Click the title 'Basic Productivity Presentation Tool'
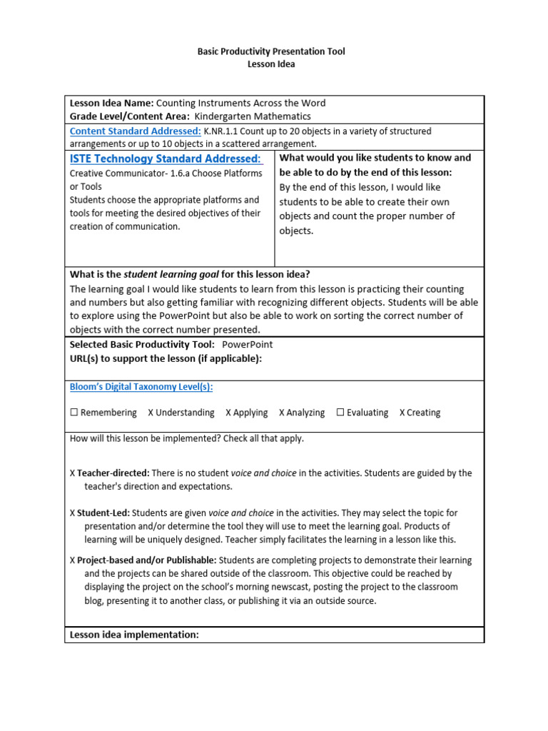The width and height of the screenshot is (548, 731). (x=271, y=52)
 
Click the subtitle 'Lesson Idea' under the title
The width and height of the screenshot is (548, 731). (x=271, y=64)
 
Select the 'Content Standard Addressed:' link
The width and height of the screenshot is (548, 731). (x=135, y=131)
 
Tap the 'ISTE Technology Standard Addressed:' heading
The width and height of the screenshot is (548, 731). (x=166, y=158)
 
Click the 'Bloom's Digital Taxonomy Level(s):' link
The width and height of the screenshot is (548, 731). (x=141, y=387)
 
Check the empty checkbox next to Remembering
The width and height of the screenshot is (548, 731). (x=74, y=413)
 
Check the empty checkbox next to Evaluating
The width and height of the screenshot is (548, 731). (x=340, y=413)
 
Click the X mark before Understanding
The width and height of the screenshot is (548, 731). (x=151, y=413)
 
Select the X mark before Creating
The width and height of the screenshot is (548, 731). (x=402, y=413)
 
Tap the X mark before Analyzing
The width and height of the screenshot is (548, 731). (x=282, y=413)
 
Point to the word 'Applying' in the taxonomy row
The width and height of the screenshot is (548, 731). (x=250, y=413)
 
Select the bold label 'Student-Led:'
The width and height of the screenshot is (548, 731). (x=103, y=513)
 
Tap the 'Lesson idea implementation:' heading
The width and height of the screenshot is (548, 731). (x=134, y=635)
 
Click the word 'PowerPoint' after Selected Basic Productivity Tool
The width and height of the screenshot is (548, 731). (x=248, y=344)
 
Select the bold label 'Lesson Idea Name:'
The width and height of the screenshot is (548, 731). (x=111, y=103)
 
